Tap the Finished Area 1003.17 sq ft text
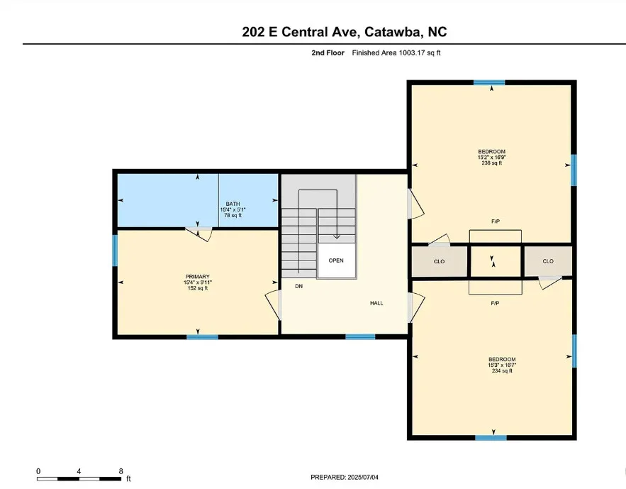[x=396, y=53]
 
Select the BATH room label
[x=233, y=204]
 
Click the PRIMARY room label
[x=197, y=277]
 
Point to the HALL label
[x=376, y=303]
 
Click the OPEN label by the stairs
[x=336, y=260]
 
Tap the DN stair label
[x=299, y=286]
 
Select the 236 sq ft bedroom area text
[x=492, y=163]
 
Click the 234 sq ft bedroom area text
[x=502, y=370]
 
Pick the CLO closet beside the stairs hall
[x=439, y=261]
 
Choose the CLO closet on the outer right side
[x=548, y=261]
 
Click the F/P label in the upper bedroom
[x=496, y=221]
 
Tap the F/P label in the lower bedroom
[x=495, y=303]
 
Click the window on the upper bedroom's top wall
[x=489, y=83]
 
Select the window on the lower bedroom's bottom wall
[x=491, y=438]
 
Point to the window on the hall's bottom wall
[x=360, y=337]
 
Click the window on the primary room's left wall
[x=115, y=251]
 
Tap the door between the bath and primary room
[x=199, y=233]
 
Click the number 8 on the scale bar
[x=121, y=471]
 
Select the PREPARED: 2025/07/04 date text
[x=345, y=477]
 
